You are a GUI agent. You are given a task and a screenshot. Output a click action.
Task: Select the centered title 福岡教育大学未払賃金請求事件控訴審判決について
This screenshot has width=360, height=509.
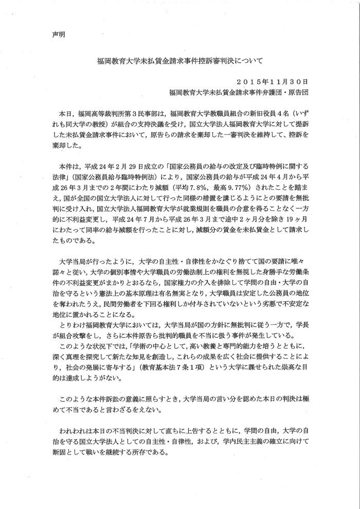click(x=179, y=61)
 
